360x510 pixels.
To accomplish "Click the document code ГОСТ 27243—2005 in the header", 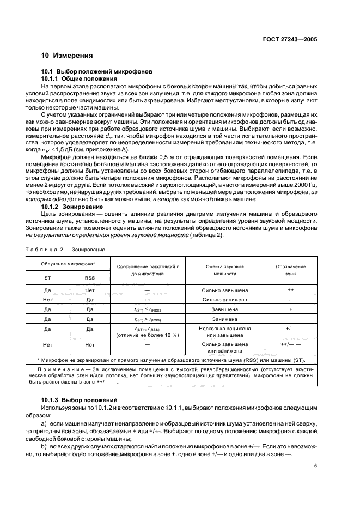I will pyautogui.click(x=289, y=40).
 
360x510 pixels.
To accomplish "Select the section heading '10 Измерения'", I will pyautogui.click(x=67, y=55).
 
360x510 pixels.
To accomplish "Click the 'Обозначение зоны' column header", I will pyautogui.click(x=290, y=271).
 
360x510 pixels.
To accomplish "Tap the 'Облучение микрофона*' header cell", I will pyautogui.click(x=69, y=264).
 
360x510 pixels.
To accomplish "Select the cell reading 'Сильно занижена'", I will pyautogui.click(x=225, y=300).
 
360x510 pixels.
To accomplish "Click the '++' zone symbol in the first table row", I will pyautogui.click(x=290, y=291).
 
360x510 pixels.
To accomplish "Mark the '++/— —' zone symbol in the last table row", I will pyautogui.click(x=290, y=345).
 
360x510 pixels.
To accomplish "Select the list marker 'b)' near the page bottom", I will pyautogui.click(x=45, y=445).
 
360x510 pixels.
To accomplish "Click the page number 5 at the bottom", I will pyautogui.click(x=315, y=466).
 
